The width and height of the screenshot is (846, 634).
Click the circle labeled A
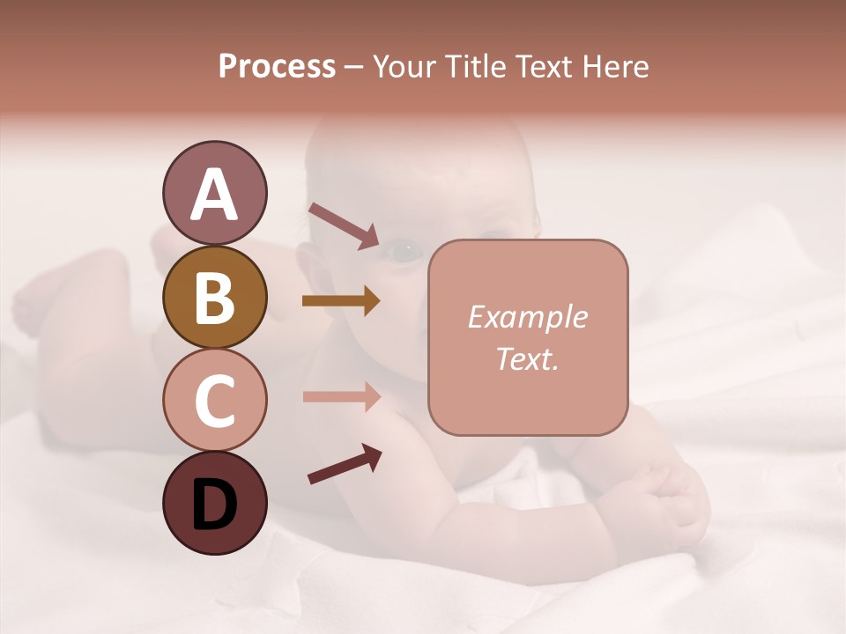[x=214, y=194]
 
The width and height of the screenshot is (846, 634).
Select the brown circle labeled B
[x=214, y=297]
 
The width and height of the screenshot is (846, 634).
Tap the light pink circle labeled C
[x=214, y=400]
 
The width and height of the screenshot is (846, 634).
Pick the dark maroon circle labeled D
[x=214, y=503]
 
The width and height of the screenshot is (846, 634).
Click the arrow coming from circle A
[x=343, y=225]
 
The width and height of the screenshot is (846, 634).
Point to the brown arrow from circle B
[x=341, y=301]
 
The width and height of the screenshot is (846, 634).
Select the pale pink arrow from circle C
[x=341, y=396]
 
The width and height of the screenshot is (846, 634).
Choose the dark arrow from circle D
[x=345, y=465]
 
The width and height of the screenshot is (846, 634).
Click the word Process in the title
[x=277, y=67]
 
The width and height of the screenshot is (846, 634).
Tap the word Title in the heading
[x=473, y=67]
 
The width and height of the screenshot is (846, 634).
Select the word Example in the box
[x=527, y=317]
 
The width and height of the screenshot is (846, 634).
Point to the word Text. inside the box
[x=527, y=358]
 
